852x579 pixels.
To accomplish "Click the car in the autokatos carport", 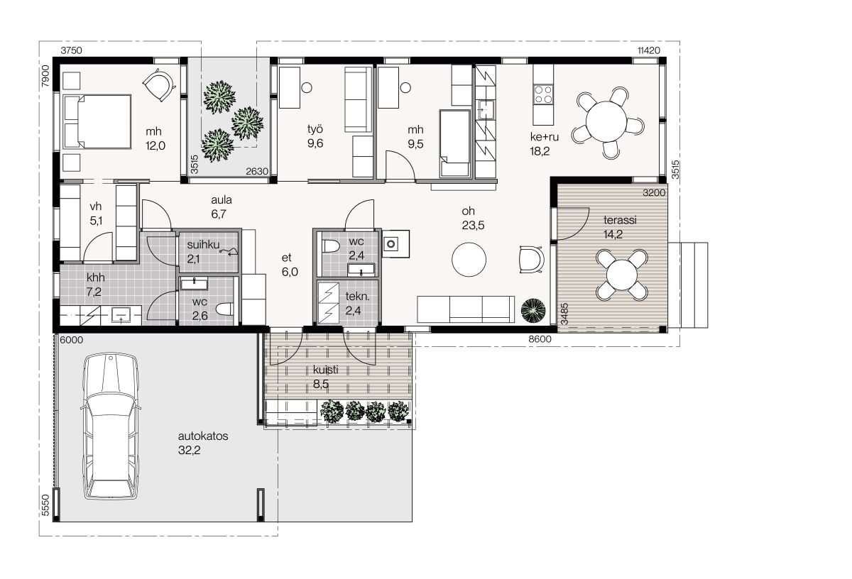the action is coord(110,426).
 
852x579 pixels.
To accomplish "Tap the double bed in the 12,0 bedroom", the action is coord(97,121).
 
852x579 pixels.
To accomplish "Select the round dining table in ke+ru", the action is coord(606,121).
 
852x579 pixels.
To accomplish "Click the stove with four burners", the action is coord(542,94).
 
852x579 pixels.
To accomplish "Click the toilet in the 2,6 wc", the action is coord(225,309).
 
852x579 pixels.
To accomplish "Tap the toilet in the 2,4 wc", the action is coord(330,246).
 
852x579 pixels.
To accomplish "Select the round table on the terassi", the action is coord(621,275).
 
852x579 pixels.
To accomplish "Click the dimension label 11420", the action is coord(649,50).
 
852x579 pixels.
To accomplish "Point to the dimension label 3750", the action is coord(71,50).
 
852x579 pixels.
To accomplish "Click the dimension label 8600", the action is coord(540,339).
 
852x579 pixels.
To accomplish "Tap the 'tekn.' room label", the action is coord(357,296).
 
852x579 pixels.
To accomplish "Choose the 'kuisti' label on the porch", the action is coord(326,370).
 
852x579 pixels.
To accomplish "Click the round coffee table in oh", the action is coord(469,260).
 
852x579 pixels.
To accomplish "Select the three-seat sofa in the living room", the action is coord(466,309).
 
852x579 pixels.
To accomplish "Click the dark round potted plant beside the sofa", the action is coord(533,311).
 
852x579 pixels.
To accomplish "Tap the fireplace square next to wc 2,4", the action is coord(395,243).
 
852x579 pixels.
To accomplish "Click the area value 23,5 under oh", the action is coord(473,226).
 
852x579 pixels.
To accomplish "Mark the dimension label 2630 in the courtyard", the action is coord(257,172).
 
